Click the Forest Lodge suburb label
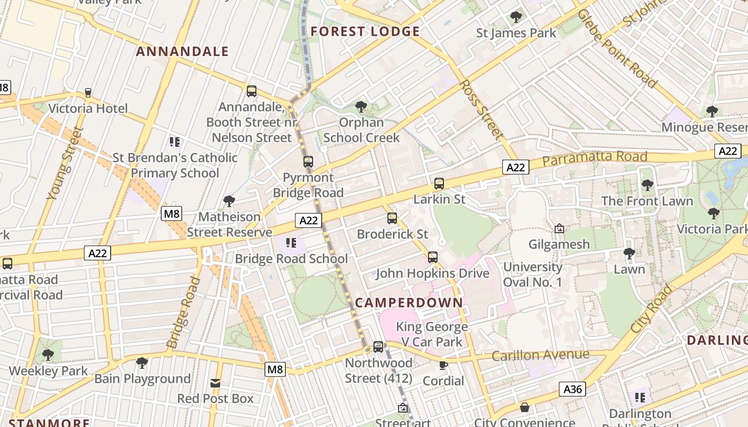point(365,31)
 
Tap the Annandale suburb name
point(182,52)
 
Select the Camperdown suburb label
point(409,303)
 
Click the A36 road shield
point(573,390)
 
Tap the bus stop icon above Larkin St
point(439,184)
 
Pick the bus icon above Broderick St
point(392,218)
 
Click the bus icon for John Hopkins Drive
point(433,257)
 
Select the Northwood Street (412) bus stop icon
point(378,347)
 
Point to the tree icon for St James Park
point(516,17)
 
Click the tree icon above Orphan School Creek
point(361,107)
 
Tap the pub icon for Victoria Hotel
point(88,93)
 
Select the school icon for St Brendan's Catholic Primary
point(175,142)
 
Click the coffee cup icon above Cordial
point(443,365)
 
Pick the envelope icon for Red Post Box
point(215,383)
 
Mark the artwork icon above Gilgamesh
point(559,228)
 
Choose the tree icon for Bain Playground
point(142,363)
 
